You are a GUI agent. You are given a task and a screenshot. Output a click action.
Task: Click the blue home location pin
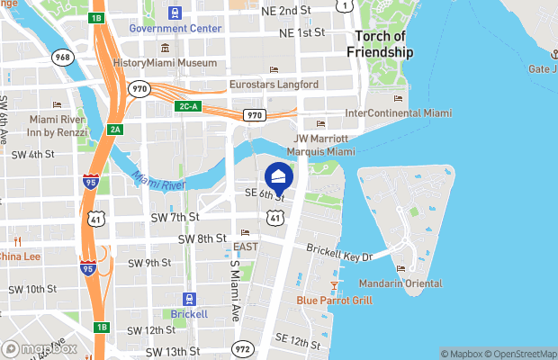(x=278, y=175)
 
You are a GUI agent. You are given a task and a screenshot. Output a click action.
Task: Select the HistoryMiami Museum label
(x=166, y=63)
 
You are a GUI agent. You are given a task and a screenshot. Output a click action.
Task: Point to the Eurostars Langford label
(x=274, y=85)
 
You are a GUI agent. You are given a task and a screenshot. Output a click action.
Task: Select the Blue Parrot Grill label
(x=335, y=301)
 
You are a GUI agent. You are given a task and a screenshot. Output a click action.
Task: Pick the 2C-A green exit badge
(x=186, y=107)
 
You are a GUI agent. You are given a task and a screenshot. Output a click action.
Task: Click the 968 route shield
(x=63, y=58)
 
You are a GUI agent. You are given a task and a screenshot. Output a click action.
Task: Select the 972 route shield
(x=242, y=346)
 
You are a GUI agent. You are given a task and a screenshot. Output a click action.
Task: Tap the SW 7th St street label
(x=176, y=217)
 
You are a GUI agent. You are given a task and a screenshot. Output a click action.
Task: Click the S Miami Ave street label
(x=234, y=280)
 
